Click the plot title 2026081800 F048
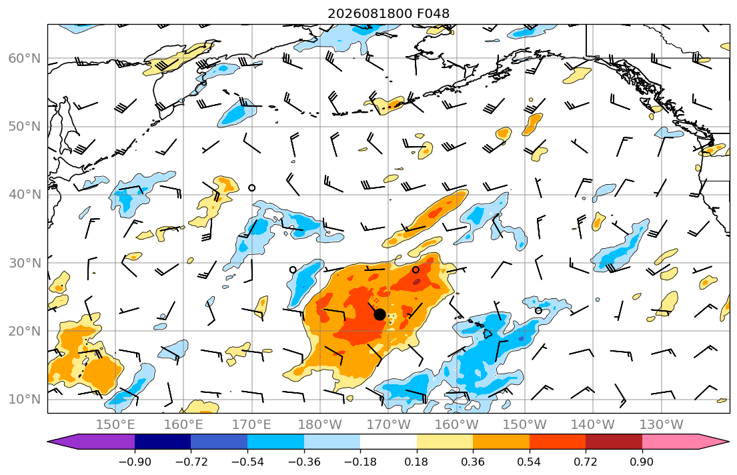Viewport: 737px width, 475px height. [x=388, y=13]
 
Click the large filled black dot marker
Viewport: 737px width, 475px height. [x=380, y=315]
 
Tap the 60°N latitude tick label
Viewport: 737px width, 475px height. [x=25, y=58]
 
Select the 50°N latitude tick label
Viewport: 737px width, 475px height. [x=25, y=127]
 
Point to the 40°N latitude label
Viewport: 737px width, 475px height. [x=25, y=195]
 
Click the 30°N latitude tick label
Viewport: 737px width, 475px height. [x=25, y=263]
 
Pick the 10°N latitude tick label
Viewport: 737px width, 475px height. [x=25, y=400]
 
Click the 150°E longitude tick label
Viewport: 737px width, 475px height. [x=115, y=425]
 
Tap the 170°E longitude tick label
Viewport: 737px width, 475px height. [x=252, y=425]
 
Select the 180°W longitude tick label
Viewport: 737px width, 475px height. [x=320, y=425]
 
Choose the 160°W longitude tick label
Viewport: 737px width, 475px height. [x=457, y=425]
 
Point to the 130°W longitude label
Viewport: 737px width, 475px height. [x=662, y=425]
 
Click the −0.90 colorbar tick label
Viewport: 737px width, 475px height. [x=135, y=462]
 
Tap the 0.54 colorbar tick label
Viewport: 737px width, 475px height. [x=530, y=462]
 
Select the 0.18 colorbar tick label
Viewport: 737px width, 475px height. [x=416, y=462]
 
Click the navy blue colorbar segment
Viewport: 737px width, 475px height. [x=163, y=442]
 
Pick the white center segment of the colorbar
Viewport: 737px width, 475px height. [x=388, y=442]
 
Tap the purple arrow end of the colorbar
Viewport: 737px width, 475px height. [x=91, y=442]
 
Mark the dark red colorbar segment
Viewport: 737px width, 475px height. [x=614, y=442]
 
